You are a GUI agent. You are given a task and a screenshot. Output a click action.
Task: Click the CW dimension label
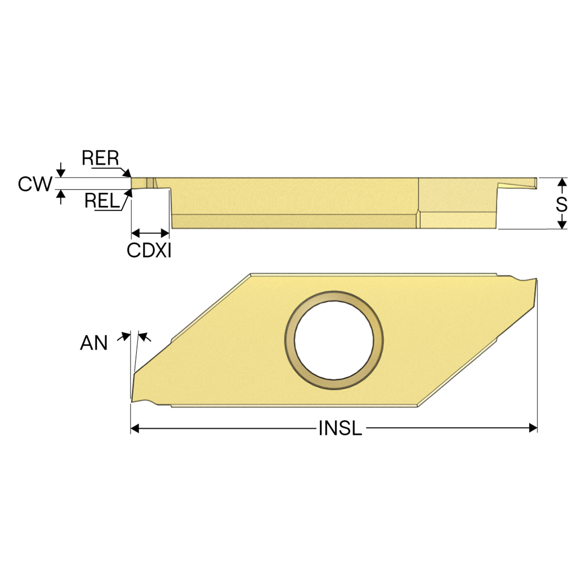click(x=35, y=184)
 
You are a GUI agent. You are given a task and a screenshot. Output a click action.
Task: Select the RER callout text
click(x=100, y=158)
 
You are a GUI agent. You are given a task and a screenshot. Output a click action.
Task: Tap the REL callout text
click(x=102, y=201)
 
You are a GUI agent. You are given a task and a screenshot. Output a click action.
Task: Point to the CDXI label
click(x=149, y=250)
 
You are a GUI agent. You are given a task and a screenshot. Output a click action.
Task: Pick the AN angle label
click(x=94, y=343)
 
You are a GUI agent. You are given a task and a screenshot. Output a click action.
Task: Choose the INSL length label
click(x=340, y=428)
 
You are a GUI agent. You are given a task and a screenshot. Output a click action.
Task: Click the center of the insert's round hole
click(x=334, y=340)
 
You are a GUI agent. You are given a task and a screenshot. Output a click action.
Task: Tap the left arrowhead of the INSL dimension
click(x=135, y=428)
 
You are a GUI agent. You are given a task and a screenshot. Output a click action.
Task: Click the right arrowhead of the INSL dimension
click(x=533, y=428)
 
